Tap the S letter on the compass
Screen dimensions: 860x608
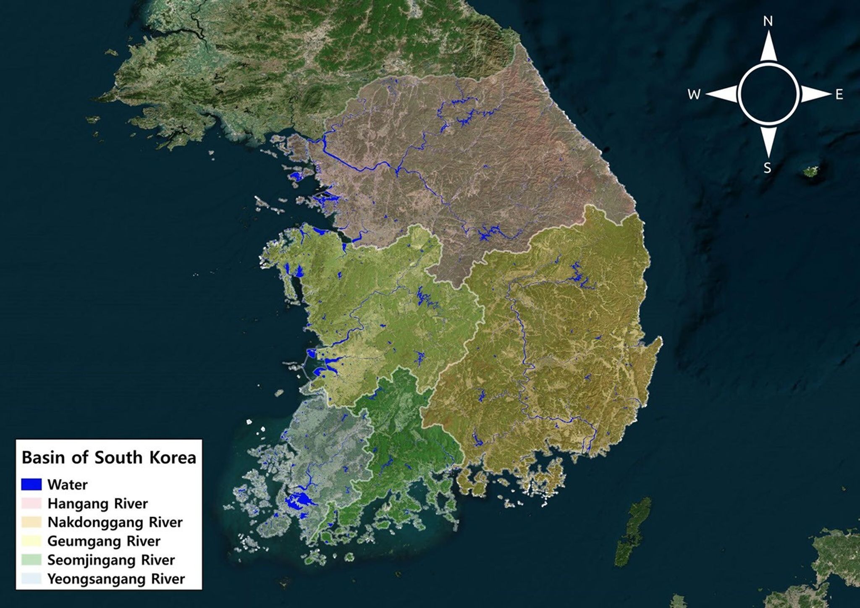point(767,168)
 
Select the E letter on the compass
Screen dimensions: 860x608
point(839,95)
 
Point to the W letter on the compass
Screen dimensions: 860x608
point(694,95)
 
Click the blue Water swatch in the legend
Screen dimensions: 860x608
point(31,485)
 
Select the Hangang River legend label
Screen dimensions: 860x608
point(97,503)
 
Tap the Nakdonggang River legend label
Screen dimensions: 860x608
point(115,522)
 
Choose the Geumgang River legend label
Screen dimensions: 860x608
point(104,541)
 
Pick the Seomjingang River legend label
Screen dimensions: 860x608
point(111,560)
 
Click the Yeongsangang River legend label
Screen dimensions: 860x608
point(116,579)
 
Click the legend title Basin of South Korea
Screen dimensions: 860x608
point(109,457)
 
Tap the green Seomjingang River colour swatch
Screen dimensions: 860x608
point(31,560)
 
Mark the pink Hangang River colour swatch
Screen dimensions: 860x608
point(31,503)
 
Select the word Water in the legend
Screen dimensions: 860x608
point(67,485)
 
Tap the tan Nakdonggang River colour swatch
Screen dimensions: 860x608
point(31,522)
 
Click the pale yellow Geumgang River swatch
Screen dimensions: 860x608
point(31,541)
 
